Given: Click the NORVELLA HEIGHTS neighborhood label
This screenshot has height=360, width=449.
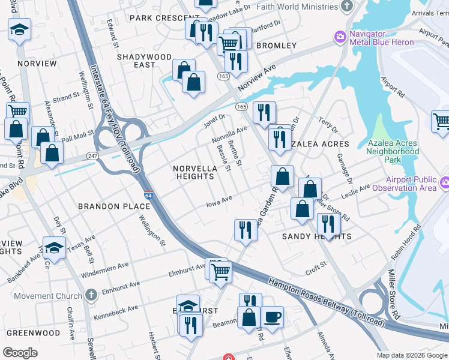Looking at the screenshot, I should tap(194, 173).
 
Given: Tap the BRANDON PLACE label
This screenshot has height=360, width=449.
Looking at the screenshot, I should tap(114, 206).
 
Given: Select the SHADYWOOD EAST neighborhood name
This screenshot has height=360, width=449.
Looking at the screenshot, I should tap(136, 61).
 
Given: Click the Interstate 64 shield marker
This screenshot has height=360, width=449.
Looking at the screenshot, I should tap(148, 196).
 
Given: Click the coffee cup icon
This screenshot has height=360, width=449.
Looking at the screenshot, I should tap(272, 316).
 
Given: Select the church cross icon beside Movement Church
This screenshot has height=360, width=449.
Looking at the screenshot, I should tap(90, 295).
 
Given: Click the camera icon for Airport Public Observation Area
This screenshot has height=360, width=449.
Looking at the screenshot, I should tap(444, 182).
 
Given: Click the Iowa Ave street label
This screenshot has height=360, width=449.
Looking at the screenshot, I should tap(219, 199).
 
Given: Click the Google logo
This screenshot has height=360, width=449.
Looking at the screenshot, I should tap(20, 352).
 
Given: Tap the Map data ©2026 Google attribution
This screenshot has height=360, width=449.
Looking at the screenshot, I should tap(411, 355).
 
